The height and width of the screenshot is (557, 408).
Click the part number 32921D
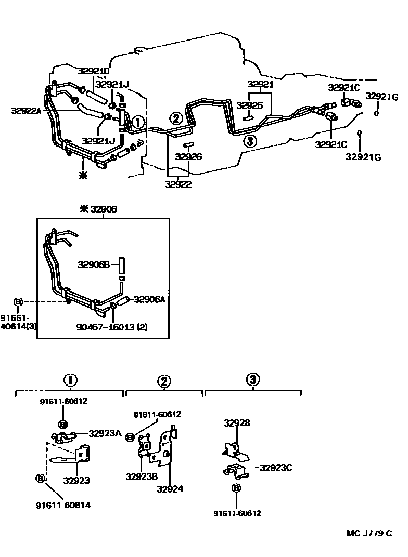pyautogui.click(x=94, y=71)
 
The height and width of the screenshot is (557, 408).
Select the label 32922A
pyautogui.click(x=27, y=110)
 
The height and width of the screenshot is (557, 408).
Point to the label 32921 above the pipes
pyautogui.click(x=260, y=84)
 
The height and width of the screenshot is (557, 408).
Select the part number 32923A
pyautogui.click(x=105, y=433)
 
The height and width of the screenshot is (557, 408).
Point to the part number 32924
pyautogui.click(x=170, y=488)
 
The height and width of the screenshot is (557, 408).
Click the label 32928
pyautogui.click(x=237, y=423)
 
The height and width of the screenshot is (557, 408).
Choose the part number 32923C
pyautogui.click(x=276, y=468)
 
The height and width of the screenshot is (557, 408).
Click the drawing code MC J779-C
pyautogui.click(x=369, y=533)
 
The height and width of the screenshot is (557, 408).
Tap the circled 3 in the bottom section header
pyautogui.click(x=253, y=380)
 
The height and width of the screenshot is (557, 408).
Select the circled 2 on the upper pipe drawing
pyautogui.click(x=176, y=118)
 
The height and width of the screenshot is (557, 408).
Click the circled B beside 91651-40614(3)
pyautogui.click(x=18, y=302)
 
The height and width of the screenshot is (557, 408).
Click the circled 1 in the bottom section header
pyautogui.click(x=70, y=380)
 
